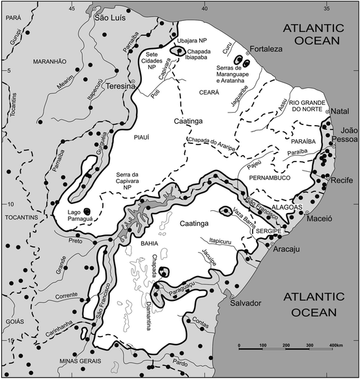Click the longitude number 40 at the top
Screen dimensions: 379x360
pos(206,8)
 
